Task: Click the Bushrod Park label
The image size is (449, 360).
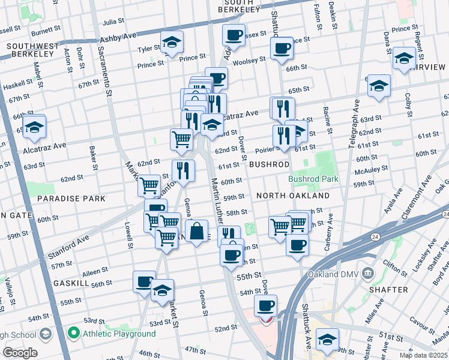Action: coord(313,179)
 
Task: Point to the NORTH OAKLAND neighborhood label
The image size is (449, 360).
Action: coord(292,196)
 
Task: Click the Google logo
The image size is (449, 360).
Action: coord(20,353)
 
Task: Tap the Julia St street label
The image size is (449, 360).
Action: coord(113,22)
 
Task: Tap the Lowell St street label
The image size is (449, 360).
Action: coord(128,235)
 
